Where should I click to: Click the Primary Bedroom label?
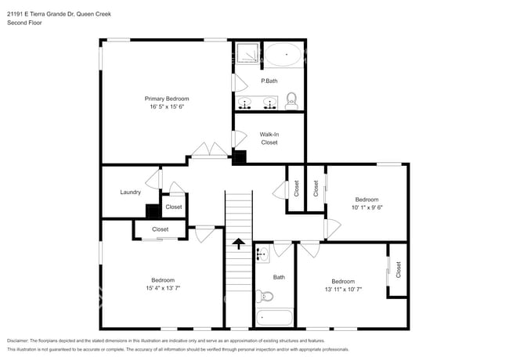point(167,99)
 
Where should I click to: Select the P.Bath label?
point(269,81)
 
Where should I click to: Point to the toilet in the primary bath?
point(292,99)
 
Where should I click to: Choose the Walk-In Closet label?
point(269,138)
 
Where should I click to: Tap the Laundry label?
point(130,193)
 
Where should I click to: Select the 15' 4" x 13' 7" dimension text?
point(163,288)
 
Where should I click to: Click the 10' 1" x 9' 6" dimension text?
point(366,207)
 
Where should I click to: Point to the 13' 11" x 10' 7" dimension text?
point(343,290)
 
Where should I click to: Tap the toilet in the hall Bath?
point(266,296)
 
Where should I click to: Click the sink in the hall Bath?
point(262,254)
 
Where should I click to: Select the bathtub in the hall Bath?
point(273,319)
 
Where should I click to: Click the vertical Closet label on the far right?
point(398,270)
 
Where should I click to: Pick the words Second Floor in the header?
point(25,23)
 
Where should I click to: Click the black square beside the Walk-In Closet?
point(240,157)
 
